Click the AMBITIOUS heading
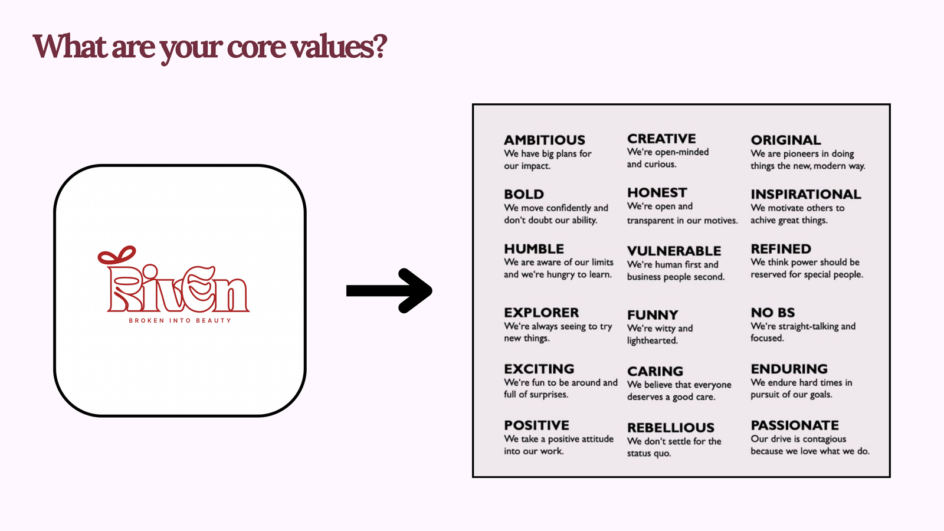pyautogui.click(x=545, y=140)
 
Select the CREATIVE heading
pyautogui.click(x=661, y=139)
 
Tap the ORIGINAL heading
pyautogui.click(x=785, y=140)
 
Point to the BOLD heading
pyautogui.click(x=524, y=194)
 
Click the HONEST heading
pyautogui.click(x=657, y=192)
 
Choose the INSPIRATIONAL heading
pyautogui.click(x=806, y=194)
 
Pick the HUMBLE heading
pyautogui.click(x=534, y=248)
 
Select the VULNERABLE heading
pyautogui.click(x=674, y=251)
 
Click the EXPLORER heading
pyautogui.click(x=542, y=313)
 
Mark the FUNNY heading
pyautogui.click(x=653, y=315)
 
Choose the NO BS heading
pyautogui.click(x=773, y=313)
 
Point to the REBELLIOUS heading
pyautogui.click(x=670, y=428)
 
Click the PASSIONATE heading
pyautogui.click(x=795, y=425)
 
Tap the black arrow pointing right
pyautogui.click(x=389, y=291)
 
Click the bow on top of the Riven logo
pyautogui.click(x=117, y=255)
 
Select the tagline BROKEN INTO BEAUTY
pyautogui.click(x=180, y=321)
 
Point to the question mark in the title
pyautogui.click(x=380, y=46)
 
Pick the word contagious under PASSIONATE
pyautogui.click(x=824, y=440)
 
